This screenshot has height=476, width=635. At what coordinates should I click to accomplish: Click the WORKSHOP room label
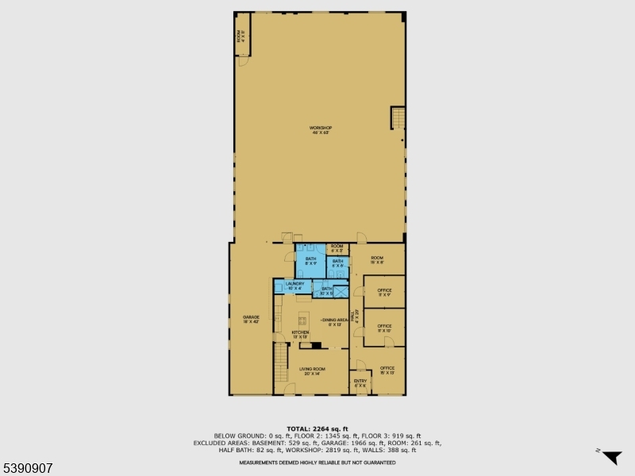coord(320,129)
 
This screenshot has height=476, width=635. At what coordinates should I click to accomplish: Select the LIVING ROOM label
coord(312,370)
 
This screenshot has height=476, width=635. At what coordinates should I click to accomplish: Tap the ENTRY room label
coord(360,382)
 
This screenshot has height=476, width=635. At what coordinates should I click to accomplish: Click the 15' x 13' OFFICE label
coord(387,370)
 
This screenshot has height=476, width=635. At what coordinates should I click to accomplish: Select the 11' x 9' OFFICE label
coord(384,292)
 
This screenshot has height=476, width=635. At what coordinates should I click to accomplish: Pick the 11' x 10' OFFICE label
coord(384,328)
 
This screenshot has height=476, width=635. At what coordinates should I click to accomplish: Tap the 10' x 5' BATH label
coord(325,290)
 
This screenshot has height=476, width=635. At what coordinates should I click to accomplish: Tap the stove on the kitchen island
coord(302,321)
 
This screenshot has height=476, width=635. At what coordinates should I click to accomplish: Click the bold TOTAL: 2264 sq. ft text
coord(317,428)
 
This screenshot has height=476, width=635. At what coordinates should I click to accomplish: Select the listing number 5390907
coord(28,468)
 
